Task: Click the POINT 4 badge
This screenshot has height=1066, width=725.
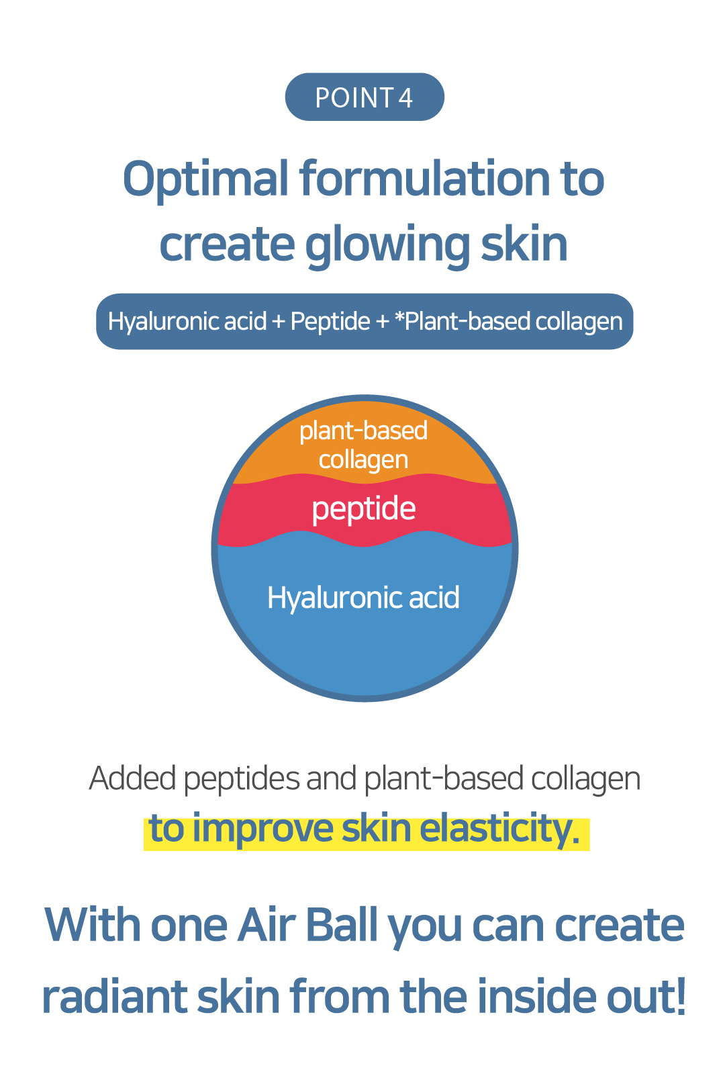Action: pos(365,97)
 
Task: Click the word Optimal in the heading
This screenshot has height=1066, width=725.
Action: pos(205,180)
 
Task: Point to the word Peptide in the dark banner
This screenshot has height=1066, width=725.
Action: pos(330,321)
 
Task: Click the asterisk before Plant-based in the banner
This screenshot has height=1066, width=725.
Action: pos(399,316)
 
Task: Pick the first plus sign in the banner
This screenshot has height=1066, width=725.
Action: pos(278,322)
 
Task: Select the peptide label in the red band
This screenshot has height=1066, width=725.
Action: pos(364,510)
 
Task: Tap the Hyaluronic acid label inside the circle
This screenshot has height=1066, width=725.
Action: pos(363,598)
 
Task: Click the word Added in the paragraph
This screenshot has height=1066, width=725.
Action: pos(133,779)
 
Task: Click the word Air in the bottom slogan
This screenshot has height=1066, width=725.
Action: pos(267,926)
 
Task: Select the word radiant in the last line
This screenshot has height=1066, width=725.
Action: pos(114,996)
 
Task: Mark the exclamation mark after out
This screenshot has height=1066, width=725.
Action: pos(680,995)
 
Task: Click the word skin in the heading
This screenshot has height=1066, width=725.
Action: pos(524,243)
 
